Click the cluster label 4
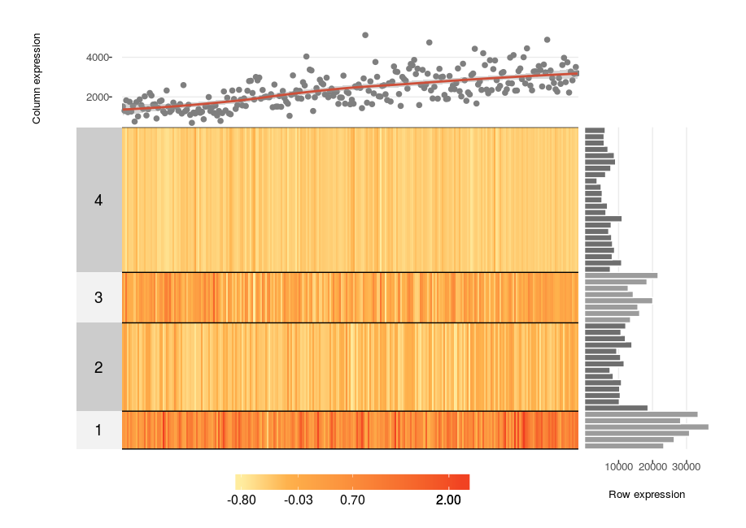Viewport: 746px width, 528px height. coord(98,200)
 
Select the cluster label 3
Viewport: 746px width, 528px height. coord(98,297)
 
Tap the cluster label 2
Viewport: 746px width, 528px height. coord(98,367)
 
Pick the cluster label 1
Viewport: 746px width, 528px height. coord(98,430)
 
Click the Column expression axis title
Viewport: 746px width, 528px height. coord(37,79)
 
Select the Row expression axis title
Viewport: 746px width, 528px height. coord(646,495)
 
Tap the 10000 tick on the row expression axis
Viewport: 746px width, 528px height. coord(619,467)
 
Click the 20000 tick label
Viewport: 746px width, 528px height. coord(652,467)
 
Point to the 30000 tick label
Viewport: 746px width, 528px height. coord(686,467)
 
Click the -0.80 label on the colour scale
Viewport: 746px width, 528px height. coord(243,500)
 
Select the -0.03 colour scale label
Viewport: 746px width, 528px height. coord(299,500)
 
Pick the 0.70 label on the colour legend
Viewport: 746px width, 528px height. coord(352,500)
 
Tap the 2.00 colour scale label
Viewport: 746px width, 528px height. coord(447,500)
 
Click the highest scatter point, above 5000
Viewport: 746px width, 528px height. coord(365,35)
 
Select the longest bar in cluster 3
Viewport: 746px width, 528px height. coord(622,275)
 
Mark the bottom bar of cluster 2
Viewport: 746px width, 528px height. coord(617,408)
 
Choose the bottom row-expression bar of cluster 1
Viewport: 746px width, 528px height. coord(624,446)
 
